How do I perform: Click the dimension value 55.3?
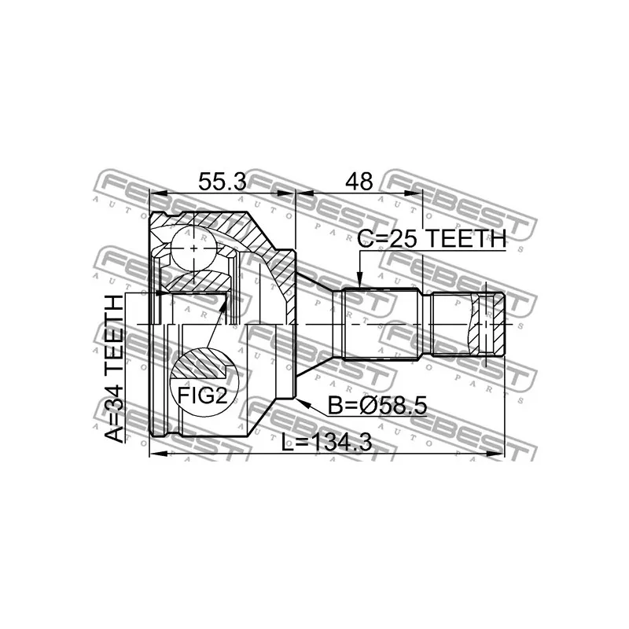click(222, 182)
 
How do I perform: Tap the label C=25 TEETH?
click(430, 240)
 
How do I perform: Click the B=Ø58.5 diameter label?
click(377, 406)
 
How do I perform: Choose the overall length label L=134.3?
click(327, 443)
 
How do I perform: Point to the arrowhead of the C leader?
click(359, 285)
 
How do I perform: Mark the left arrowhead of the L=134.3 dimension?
click(153, 454)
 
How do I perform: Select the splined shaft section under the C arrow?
click(382, 324)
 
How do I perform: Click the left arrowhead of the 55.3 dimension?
click(153, 193)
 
